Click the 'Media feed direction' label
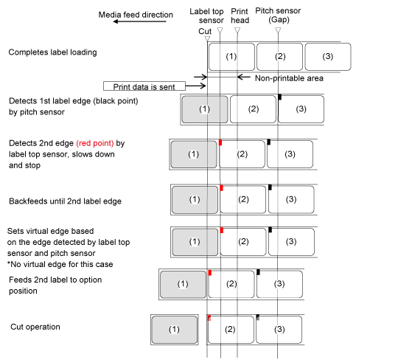point(136,15)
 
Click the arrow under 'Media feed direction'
point(139,21)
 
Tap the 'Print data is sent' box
point(144,86)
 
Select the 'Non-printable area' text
point(289,78)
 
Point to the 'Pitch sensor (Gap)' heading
point(278,15)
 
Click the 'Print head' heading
point(240,15)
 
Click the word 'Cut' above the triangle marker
point(205,31)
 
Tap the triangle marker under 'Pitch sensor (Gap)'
point(278,30)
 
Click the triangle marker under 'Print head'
point(237,30)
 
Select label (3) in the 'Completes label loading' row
point(328,57)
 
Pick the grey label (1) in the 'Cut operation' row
point(175,330)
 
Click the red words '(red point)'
point(95,143)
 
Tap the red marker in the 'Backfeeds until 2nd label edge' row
point(222,188)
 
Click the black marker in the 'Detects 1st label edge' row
point(280,97)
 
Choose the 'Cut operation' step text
point(35,327)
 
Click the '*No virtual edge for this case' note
point(60,264)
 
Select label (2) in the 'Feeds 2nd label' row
point(231,284)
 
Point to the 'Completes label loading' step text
point(52,52)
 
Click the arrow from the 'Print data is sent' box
point(196,86)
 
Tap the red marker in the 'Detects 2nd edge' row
point(220,142)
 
